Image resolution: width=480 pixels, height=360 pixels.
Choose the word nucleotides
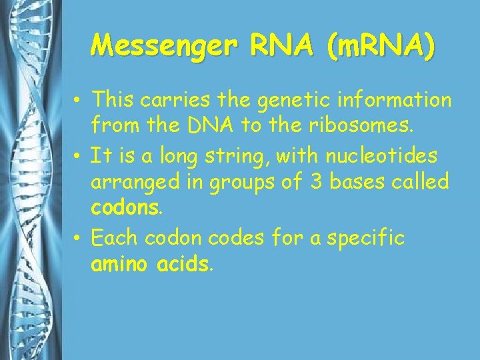381,157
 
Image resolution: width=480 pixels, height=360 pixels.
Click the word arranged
129,182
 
